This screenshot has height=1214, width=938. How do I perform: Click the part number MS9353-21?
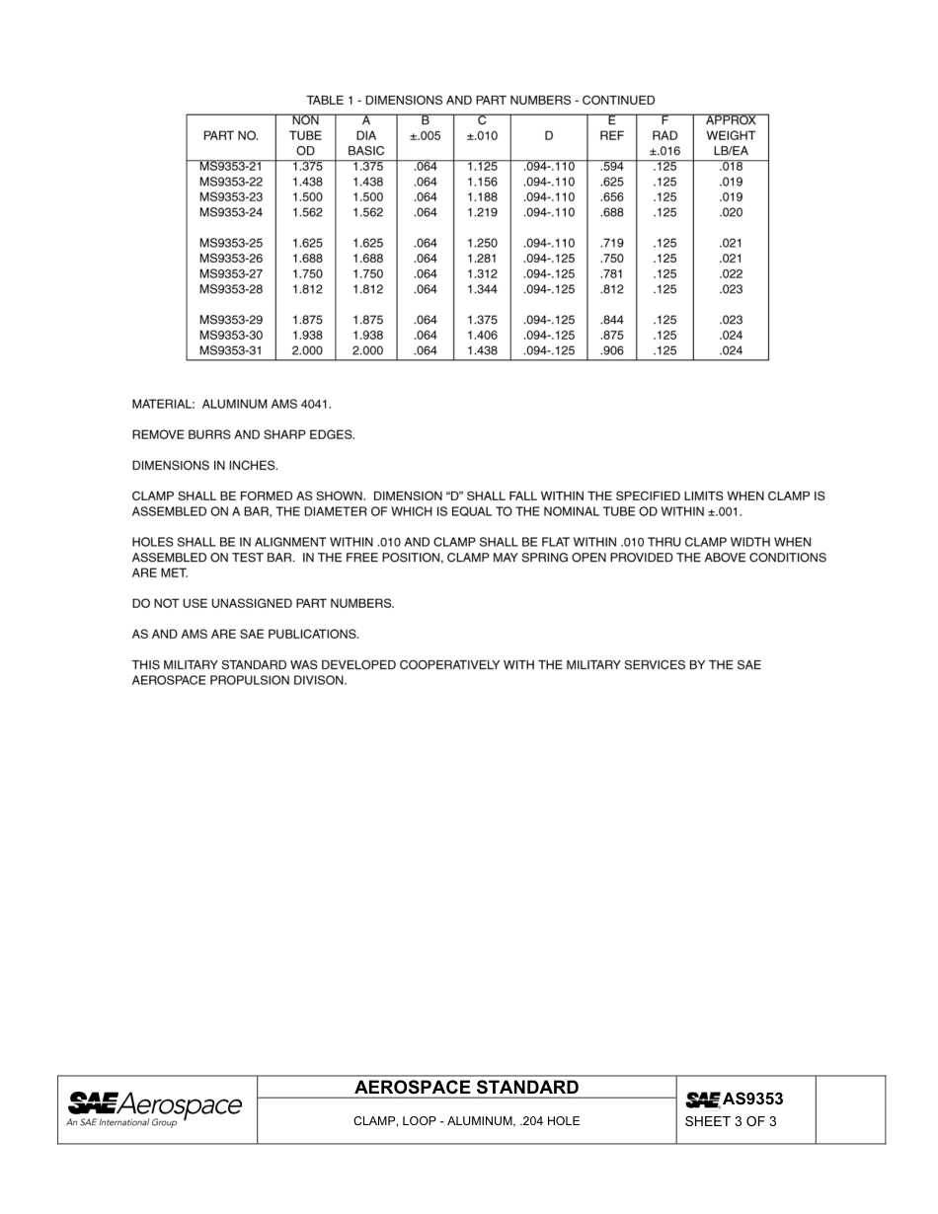tap(230, 167)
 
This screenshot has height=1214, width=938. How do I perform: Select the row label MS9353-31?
tap(230, 350)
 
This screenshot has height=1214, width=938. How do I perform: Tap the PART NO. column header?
tap(230, 136)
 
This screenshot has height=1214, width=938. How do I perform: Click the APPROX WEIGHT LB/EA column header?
tap(731, 136)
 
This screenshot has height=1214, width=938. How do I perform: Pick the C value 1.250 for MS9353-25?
tap(482, 243)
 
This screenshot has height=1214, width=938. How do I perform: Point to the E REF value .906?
tap(612, 350)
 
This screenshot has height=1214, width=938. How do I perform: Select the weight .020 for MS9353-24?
tap(731, 212)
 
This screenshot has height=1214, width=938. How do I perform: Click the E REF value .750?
tap(612, 259)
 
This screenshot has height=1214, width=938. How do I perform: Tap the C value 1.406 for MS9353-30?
tap(482, 336)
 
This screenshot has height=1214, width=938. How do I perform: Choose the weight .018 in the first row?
tap(731, 167)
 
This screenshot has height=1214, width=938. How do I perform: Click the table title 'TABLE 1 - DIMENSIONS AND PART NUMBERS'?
tap(480, 100)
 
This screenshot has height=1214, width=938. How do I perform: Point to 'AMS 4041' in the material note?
tap(300, 405)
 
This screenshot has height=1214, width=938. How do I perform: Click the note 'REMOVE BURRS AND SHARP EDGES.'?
tap(243, 435)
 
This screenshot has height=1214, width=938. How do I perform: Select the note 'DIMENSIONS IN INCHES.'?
tap(205, 466)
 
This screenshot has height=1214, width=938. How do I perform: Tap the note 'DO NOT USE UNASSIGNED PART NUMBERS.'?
tap(263, 603)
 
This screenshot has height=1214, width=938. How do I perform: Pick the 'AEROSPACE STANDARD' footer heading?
tap(466, 1088)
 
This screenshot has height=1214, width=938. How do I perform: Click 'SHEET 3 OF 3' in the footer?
tap(731, 1121)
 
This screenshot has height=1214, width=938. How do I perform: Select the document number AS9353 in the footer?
tap(752, 1099)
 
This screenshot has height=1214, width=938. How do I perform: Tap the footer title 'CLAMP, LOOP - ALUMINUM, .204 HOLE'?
tap(466, 1121)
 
